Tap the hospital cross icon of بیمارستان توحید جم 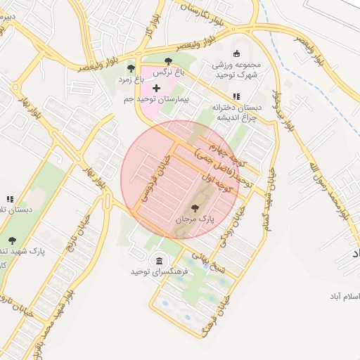click(x=156, y=88)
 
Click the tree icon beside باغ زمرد click(x=131, y=68)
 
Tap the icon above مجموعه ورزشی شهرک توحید click(x=236, y=53)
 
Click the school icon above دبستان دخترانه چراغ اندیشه click(x=236, y=96)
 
